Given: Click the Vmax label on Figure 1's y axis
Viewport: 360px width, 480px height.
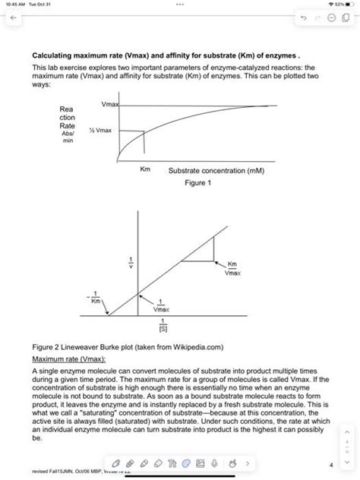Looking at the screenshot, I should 107,104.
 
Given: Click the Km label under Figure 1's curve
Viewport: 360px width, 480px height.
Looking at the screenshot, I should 144,171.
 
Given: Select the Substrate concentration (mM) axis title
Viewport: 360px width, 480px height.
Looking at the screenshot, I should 216,171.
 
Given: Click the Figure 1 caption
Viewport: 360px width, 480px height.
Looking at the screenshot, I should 197,182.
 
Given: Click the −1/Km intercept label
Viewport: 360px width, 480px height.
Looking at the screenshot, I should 96,298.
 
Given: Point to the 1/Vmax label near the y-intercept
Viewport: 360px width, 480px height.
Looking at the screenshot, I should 161,307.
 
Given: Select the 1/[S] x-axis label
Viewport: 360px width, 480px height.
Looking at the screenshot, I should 161,327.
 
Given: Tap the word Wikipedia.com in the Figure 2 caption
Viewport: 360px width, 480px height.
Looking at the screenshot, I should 194,346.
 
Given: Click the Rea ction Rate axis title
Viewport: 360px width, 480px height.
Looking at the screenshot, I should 67,124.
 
